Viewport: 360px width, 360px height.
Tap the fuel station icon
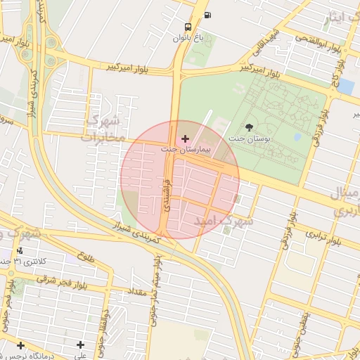[207, 15]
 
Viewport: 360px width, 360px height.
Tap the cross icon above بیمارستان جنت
[185, 139]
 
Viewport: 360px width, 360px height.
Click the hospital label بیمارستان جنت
[185, 150]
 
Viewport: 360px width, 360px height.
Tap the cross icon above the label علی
[81, 345]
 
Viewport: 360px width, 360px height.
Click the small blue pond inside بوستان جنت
[297, 136]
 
